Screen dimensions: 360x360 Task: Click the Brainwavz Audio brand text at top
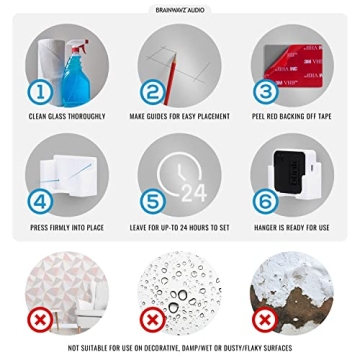pyautogui.click(x=180, y=7)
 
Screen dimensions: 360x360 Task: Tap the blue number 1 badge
pyautogui.click(x=40, y=93)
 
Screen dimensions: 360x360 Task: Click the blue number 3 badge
pyautogui.click(x=265, y=93)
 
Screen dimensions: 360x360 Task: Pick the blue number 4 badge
pyautogui.click(x=40, y=201)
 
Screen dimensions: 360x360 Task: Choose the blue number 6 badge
pyautogui.click(x=265, y=201)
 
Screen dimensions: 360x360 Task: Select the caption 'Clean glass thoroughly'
pyautogui.click(x=68, y=118)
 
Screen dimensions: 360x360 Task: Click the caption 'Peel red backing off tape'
pyautogui.click(x=292, y=118)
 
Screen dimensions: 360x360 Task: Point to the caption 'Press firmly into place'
pyautogui.click(x=68, y=228)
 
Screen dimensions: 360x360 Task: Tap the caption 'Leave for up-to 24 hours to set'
pyautogui.click(x=180, y=228)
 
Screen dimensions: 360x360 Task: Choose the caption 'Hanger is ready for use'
pyautogui.click(x=292, y=228)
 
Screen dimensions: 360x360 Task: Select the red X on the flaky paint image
pyautogui.click(x=265, y=319)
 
